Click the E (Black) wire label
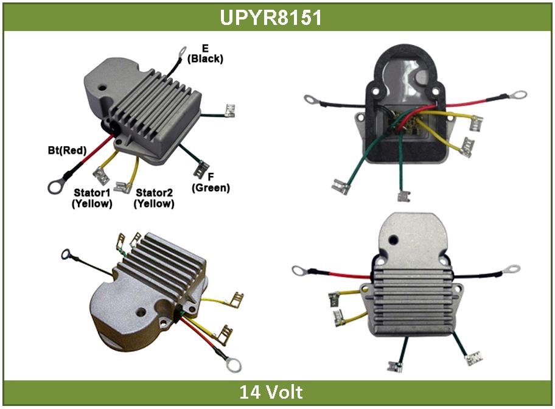point(205,55)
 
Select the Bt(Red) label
point(67,150)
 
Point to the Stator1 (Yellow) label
point(92,198)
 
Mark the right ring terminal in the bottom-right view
point(512,268)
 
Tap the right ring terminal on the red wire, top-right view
point(520,95)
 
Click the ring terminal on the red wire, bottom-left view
point(234,365)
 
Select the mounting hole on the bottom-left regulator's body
point(141,315)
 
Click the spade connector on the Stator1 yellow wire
point(103,179)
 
